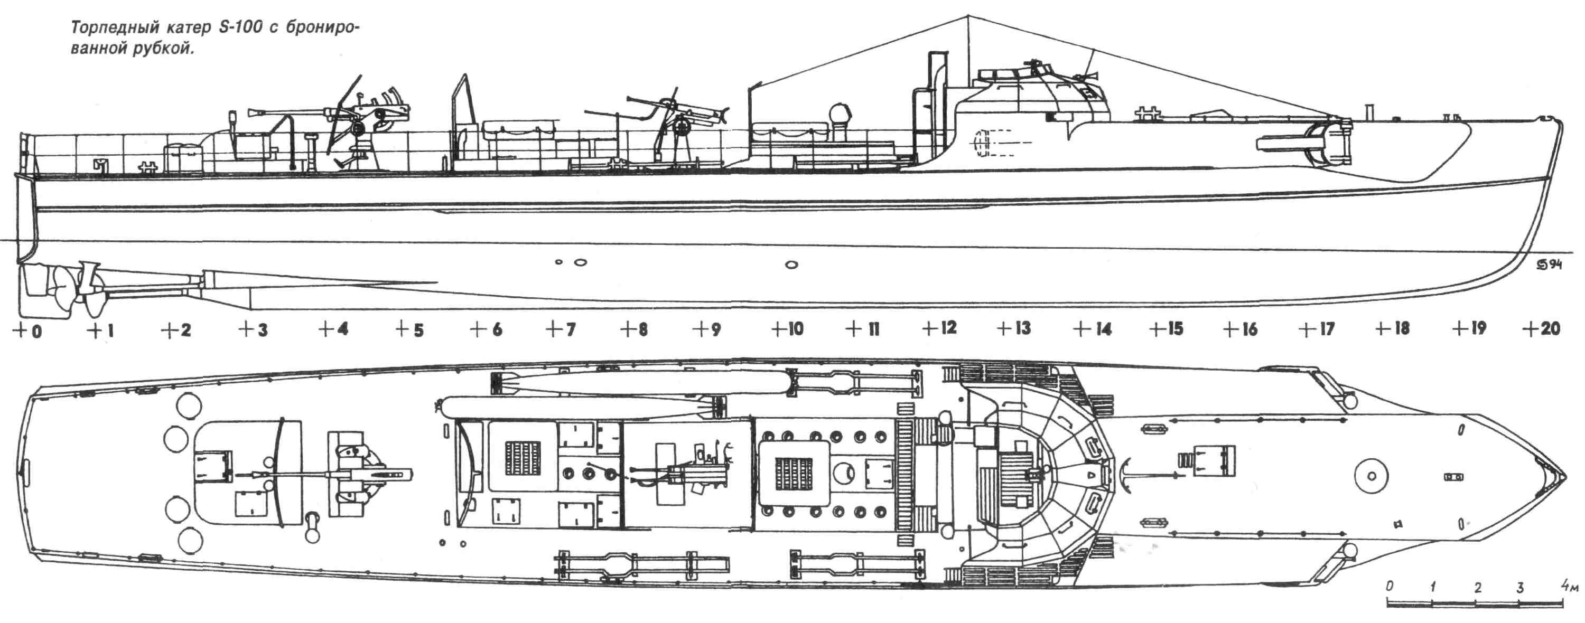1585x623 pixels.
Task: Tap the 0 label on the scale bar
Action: click(x=1390, y=587)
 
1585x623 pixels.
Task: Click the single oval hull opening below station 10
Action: click(x=792, y=265)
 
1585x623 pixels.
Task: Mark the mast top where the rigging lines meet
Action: click(x=968, y=15)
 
